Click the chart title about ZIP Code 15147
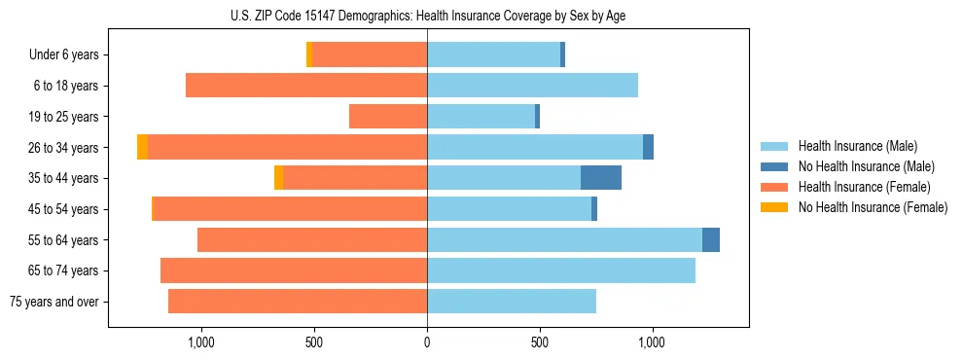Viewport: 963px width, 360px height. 428,16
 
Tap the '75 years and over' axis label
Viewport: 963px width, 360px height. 54,302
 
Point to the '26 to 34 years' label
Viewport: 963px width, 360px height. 64,148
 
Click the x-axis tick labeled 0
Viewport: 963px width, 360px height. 427,342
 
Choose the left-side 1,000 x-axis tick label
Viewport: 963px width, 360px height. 201,342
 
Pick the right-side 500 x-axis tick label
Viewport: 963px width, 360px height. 540,342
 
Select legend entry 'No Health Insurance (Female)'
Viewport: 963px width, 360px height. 873,207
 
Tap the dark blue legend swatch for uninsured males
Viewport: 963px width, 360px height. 774,166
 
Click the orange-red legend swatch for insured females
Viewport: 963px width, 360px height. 774,187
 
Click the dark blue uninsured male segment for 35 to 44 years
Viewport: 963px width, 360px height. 601,178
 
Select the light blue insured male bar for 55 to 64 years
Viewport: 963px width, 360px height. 564,239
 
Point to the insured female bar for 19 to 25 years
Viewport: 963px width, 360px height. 388,117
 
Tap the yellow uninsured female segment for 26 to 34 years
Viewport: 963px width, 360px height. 142,147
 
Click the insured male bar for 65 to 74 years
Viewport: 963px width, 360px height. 561,270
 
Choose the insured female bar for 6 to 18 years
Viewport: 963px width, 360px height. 306,86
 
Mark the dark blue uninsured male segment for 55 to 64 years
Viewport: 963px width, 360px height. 711,239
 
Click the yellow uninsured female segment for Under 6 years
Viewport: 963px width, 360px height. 309,54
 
